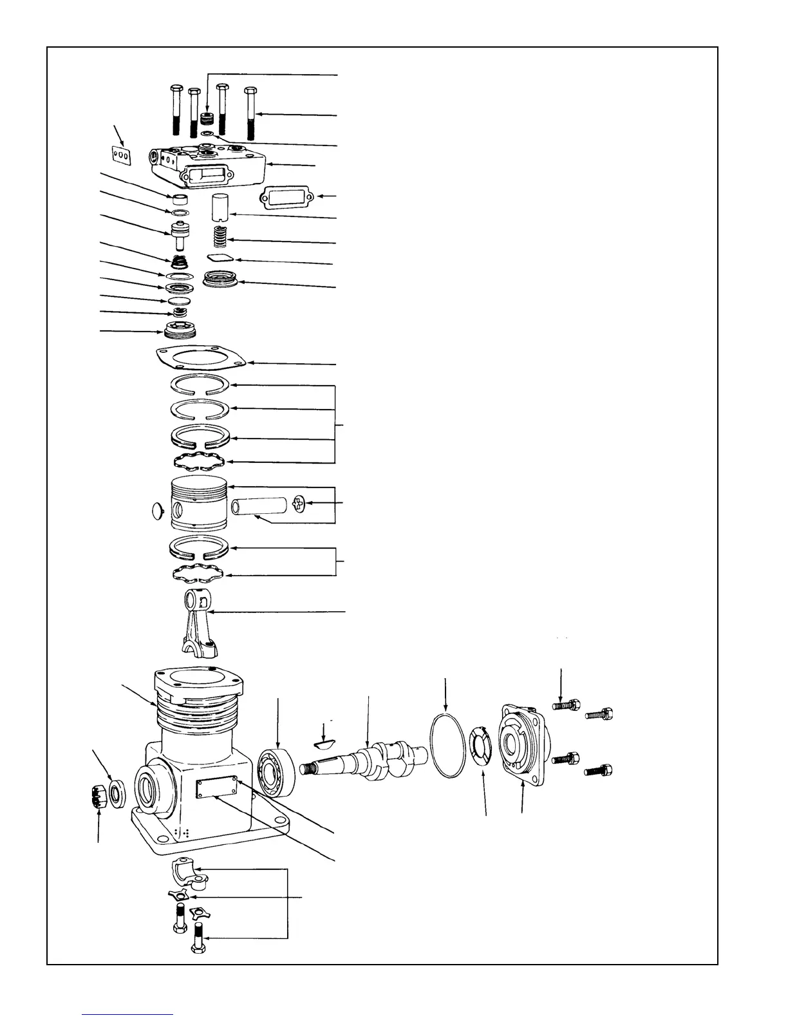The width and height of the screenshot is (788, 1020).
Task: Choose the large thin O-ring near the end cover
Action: [446, 746]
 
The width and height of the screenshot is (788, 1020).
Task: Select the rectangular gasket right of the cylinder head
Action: [285, 195]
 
